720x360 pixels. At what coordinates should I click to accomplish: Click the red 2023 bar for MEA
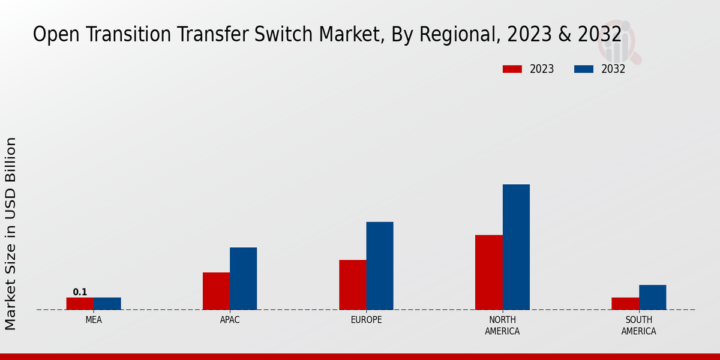(80, 304)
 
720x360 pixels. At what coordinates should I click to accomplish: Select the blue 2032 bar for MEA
(107, 304)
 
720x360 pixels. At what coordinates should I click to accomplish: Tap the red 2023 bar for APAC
(216, 291)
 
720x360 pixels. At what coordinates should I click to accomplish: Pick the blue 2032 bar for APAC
(244, 278)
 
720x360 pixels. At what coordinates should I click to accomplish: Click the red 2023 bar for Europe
(352, 285)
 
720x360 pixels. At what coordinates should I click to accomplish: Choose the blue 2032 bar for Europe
(380, 266)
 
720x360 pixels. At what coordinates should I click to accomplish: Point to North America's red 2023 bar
(488, 272)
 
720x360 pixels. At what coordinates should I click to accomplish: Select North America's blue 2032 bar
(516, 247)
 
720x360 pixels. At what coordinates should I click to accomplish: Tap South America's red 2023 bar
(625, 304)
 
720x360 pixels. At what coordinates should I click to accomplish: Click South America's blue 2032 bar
(652, 298)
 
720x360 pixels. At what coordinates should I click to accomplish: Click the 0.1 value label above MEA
(80, 292)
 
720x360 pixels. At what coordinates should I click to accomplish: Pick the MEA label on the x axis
(94, 320)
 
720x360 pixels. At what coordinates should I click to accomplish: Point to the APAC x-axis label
(230, 320)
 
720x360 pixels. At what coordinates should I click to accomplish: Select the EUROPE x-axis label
(366, 320)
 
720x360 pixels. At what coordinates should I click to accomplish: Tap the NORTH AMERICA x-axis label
(502, 326)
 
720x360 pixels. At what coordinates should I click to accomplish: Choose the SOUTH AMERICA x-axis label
(638, 326)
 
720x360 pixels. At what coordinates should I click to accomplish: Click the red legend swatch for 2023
(512, 69)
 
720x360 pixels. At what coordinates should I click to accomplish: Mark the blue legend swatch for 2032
(584, 69)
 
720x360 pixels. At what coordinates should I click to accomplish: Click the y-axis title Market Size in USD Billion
(11, 234)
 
